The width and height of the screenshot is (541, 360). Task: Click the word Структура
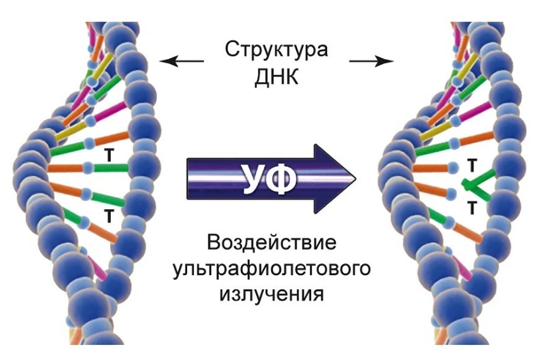point(276,50)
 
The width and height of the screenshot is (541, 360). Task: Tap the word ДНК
point(276,78)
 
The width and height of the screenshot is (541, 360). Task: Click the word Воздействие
point(273,243)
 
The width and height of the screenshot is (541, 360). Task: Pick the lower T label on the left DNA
point(109,214)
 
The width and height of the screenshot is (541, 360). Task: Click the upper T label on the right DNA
point(472,165)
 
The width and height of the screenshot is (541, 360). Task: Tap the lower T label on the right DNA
point(472,208)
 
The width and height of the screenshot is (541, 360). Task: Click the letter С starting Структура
point(230,50)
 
